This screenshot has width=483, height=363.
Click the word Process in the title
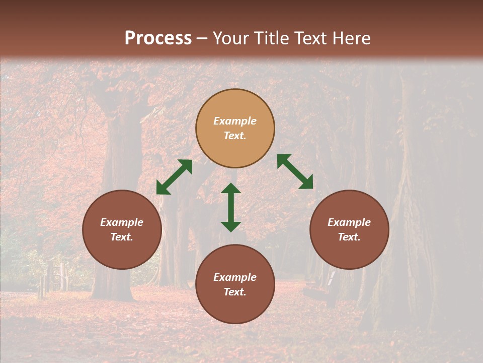[158, 38]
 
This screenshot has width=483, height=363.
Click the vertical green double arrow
[231, 207]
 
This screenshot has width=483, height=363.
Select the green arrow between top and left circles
[174, 177]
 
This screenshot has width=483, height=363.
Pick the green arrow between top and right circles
[295, 171]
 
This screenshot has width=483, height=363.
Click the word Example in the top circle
[235, 121]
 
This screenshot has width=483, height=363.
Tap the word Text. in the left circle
[122, 237]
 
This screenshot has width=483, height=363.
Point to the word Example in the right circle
[349, 222]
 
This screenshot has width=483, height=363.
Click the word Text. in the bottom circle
[235, 292]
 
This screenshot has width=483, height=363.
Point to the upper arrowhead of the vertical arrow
[231, 189]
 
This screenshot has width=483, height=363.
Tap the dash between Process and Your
[202, 39]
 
